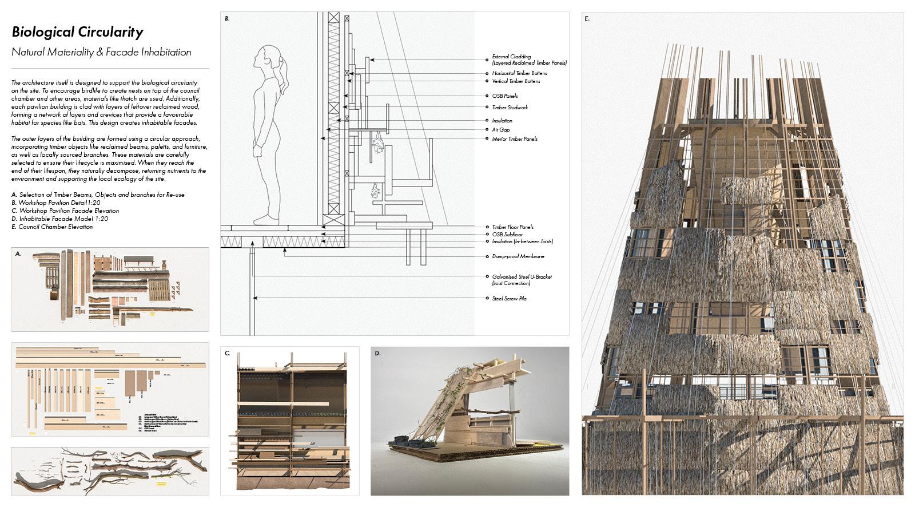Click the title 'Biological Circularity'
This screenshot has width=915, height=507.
tap(77, 32)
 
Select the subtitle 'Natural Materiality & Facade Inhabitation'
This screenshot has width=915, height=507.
tap(101, 52)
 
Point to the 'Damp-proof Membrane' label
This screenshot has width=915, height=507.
tap(518, 257)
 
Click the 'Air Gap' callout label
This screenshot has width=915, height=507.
tap(500, 130)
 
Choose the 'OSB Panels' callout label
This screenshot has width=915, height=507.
tap(505, 96)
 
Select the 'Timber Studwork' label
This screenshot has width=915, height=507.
tap(510, 108)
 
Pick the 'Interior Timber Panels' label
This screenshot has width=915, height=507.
tap(515, 139)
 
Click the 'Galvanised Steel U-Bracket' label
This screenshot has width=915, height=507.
tap(522, 277)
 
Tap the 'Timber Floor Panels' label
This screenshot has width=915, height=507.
tap(512, 227)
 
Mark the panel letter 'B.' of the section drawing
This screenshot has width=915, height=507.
tap(227, 19)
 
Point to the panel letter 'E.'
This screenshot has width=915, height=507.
tap(587, 19)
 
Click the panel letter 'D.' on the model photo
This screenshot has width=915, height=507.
tap(377, 354)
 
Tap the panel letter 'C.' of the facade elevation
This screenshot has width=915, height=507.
tap(227, 354)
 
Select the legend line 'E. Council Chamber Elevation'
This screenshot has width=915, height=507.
tap(52, 227)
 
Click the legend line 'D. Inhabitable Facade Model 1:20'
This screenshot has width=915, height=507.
tap(59, 219)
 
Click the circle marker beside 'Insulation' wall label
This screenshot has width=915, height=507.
tap(486, 121)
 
